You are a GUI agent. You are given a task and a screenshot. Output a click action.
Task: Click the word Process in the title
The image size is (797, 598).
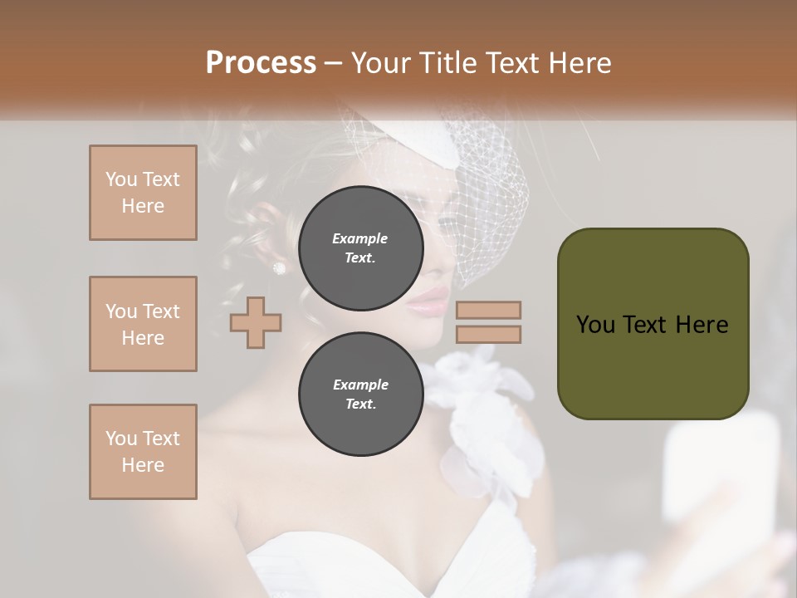[261, 63]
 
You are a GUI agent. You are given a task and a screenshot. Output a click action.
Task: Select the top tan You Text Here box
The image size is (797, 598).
[143, 193]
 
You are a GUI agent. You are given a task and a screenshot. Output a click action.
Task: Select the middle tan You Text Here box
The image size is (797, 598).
[143, 324]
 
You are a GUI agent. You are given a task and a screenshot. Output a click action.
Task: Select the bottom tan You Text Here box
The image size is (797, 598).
[143, 452]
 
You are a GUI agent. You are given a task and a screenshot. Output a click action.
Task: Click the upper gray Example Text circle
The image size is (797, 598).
[360, 248]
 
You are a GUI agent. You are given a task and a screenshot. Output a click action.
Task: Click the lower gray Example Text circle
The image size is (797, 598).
[360, 395]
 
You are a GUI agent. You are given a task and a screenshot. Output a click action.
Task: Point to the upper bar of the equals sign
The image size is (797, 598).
[489, 310]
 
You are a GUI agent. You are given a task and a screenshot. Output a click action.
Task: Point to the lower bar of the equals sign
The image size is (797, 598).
[489, 335]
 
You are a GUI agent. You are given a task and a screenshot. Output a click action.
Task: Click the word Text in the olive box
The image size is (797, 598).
[652, 325]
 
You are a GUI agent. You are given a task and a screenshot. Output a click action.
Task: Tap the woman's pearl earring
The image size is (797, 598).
[279, 267]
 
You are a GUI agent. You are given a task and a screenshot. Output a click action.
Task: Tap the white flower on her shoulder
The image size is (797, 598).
[482, 399]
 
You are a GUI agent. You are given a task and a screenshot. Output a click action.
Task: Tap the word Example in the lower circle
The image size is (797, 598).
[360, 385]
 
